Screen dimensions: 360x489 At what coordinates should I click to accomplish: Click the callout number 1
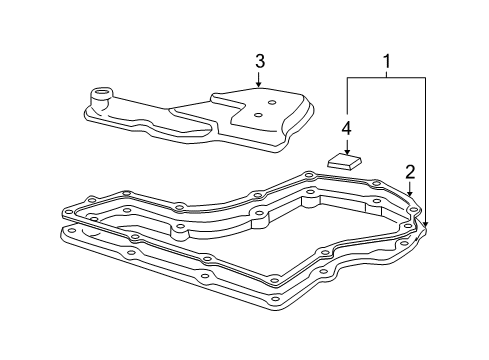(x=386, y=61)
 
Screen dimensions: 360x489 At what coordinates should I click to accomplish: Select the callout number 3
(x=259, y=62)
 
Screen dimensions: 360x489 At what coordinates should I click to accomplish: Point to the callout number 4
(x=346, y=128)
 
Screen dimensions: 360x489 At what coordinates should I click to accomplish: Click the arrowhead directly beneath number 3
(x=259, y=85)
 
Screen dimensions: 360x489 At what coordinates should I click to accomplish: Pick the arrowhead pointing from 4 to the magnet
(x=346, y=150)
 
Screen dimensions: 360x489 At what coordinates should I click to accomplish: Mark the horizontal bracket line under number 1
(x=386, y=76)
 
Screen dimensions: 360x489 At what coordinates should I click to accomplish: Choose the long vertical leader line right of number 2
(x=424, y=150)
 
